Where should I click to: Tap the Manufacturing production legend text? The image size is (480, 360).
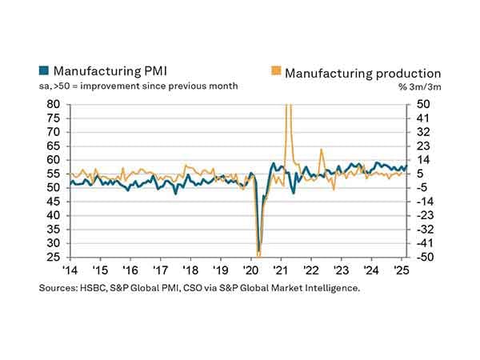coord(363,73)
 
